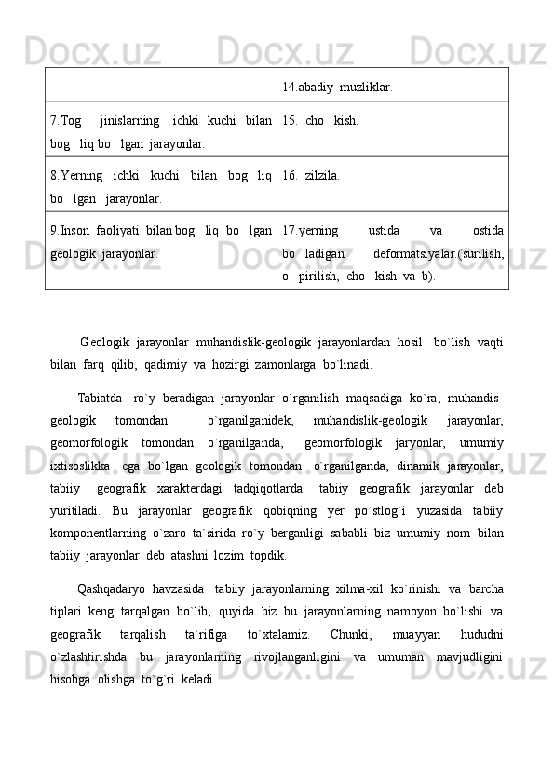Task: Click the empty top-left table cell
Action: coord(160,84)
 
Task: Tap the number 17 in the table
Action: coord(288,229)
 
